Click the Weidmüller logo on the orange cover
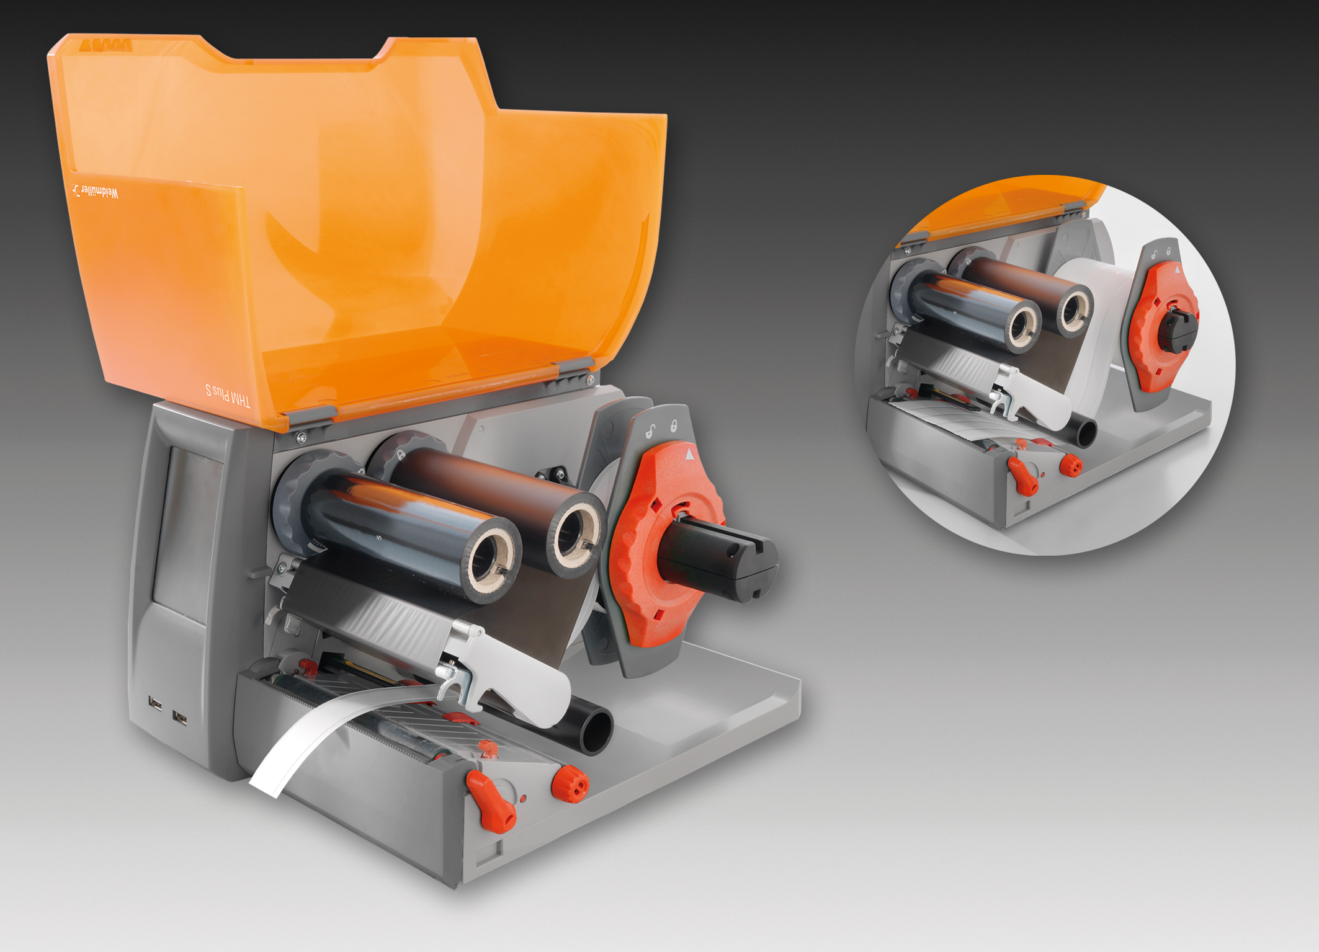[x=95, y=192]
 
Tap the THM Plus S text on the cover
[x=228, y=394]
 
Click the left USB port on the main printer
[x=156, y=704]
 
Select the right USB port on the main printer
[x=180, y=718]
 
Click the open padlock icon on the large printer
[x=651, y=430]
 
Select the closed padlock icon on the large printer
[x=674, y=426]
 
